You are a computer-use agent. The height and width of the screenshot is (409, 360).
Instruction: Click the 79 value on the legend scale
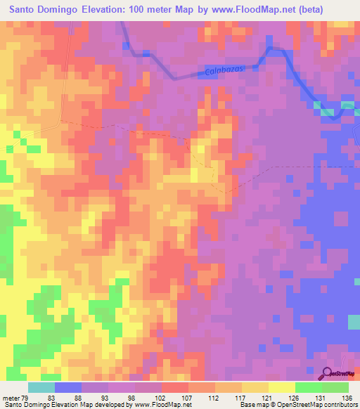click(29, 398)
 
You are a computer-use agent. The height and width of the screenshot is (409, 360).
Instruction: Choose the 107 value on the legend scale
click(188, 398)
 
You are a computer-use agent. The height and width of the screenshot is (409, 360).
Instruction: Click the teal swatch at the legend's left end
click(41, 387)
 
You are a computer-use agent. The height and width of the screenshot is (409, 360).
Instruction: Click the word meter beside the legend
click(12, 398)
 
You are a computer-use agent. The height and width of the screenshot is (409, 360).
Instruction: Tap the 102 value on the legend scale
click(161, 398)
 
